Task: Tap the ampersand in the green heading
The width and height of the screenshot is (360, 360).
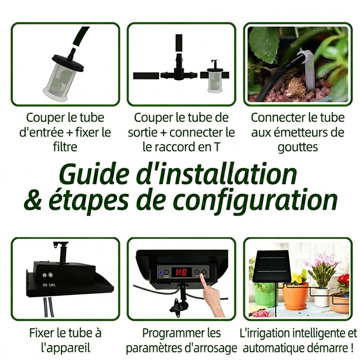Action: coord(33,200)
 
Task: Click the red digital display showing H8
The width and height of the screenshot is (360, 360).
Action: coord(181,272)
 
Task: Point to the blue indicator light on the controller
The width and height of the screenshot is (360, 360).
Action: coord(161,273)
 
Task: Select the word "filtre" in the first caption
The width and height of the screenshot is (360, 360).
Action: coord(65,147)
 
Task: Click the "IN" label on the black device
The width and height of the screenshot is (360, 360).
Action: coord(45,285)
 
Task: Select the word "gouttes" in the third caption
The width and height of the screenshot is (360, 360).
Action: coord(298,147)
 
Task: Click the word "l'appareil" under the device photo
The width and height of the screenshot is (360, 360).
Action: coord(66,348)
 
